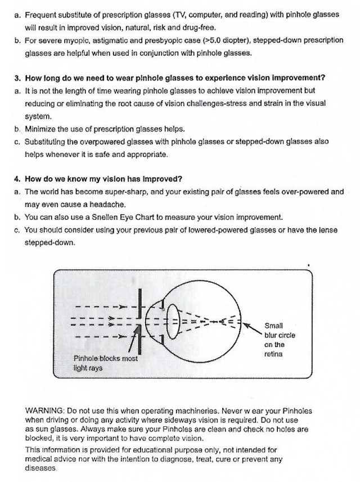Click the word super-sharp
[125, 192]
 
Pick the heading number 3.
[17, 78]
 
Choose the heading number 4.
[17, 179]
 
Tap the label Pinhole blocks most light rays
[106, 363]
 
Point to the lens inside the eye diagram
[173, 321]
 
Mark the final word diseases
[42, 468]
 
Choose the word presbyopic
[132, 40]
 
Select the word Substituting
[47, 142]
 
